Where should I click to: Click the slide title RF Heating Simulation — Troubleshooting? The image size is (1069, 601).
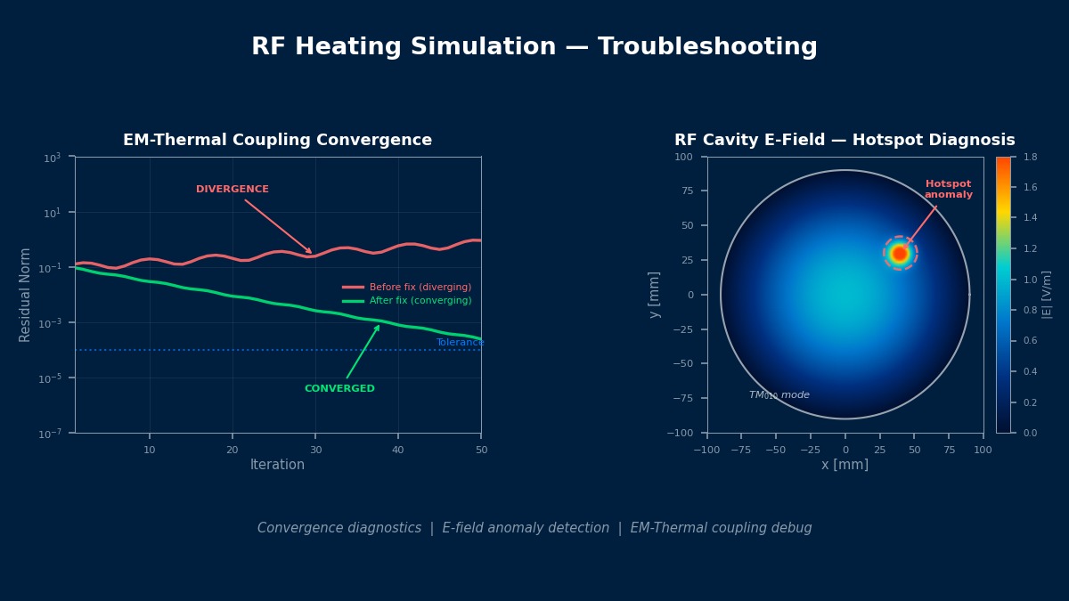[534, 47]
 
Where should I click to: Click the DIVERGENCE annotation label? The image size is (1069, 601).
[232, 190]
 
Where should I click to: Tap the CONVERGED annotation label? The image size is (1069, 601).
[339, 389]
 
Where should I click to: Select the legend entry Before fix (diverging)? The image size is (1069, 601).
[420, 288]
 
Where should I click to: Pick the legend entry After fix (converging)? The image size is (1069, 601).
[420, 301]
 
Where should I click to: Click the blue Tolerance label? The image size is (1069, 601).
[460, 343]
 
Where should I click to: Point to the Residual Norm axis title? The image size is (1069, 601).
[26, 295]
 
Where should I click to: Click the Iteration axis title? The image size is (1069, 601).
[277, 465]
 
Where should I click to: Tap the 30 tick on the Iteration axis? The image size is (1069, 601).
[315, 450]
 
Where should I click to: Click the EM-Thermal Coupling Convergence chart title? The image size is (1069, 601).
[277, 141]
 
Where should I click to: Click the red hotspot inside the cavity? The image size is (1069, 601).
[900, 254]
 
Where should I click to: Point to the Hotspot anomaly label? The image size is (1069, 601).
[948, 190]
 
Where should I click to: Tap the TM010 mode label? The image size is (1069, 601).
[779, 395]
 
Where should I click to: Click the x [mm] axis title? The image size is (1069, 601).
[845, 465]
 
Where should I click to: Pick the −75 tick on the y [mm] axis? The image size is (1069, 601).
[685, 398]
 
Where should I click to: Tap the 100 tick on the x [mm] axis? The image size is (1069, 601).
[983, 450]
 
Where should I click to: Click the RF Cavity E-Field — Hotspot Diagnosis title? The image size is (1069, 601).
[845, 141]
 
